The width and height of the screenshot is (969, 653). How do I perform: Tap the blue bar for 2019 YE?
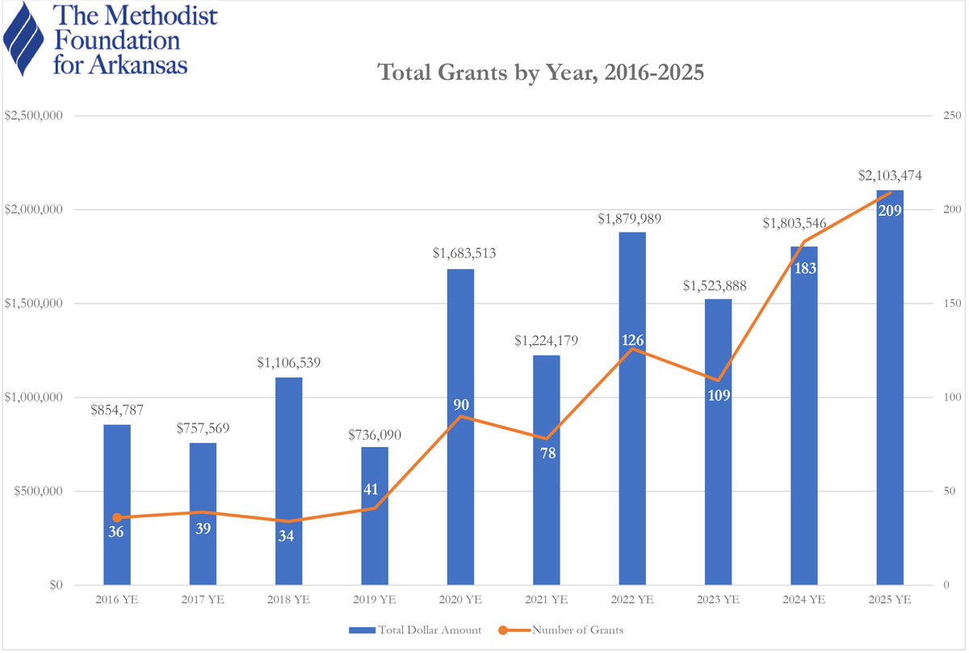pos(375,550)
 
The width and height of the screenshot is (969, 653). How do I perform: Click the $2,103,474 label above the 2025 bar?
pos(890,175)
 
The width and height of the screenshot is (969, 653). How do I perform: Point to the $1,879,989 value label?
pos(632,218)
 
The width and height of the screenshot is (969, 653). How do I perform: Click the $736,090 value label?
pos(375,435)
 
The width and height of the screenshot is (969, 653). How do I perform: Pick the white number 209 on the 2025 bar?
pos(890,211)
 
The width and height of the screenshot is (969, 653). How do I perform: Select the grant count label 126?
pos(632,341)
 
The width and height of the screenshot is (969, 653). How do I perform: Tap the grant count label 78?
pos(547,453)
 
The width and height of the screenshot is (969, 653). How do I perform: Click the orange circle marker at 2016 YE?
pos(117,517)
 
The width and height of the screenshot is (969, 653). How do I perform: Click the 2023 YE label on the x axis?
pos(718,600)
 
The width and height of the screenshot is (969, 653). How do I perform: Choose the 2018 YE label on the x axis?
pos(289,600)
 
